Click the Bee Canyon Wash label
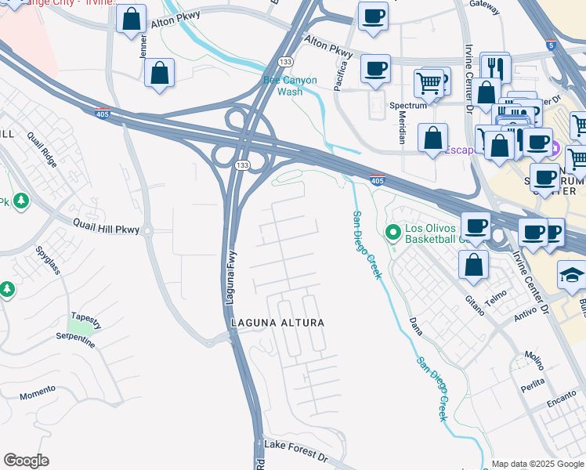290,85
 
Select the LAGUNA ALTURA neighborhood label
277,323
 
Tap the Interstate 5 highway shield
552,45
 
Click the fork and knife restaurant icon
495,67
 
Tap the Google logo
26,461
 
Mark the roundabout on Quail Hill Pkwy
146,232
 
